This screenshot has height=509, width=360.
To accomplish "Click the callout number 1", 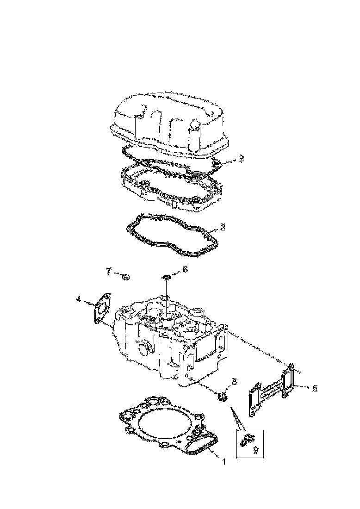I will point(223,461).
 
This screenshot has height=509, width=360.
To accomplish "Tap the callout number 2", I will point(223,227).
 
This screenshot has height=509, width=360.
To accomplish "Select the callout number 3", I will point(241,159).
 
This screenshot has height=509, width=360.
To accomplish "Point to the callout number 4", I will point(80,299).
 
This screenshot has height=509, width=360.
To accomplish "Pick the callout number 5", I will point(315,388).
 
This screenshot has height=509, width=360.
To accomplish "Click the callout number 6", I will point(185,269).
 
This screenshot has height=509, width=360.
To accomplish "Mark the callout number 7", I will point(109,271).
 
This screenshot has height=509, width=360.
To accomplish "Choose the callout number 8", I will point(234,382).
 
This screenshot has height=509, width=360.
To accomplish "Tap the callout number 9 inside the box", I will point(255,448).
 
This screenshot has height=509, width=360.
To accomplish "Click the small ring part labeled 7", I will point(125,277).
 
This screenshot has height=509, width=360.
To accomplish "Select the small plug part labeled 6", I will point(167,278).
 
